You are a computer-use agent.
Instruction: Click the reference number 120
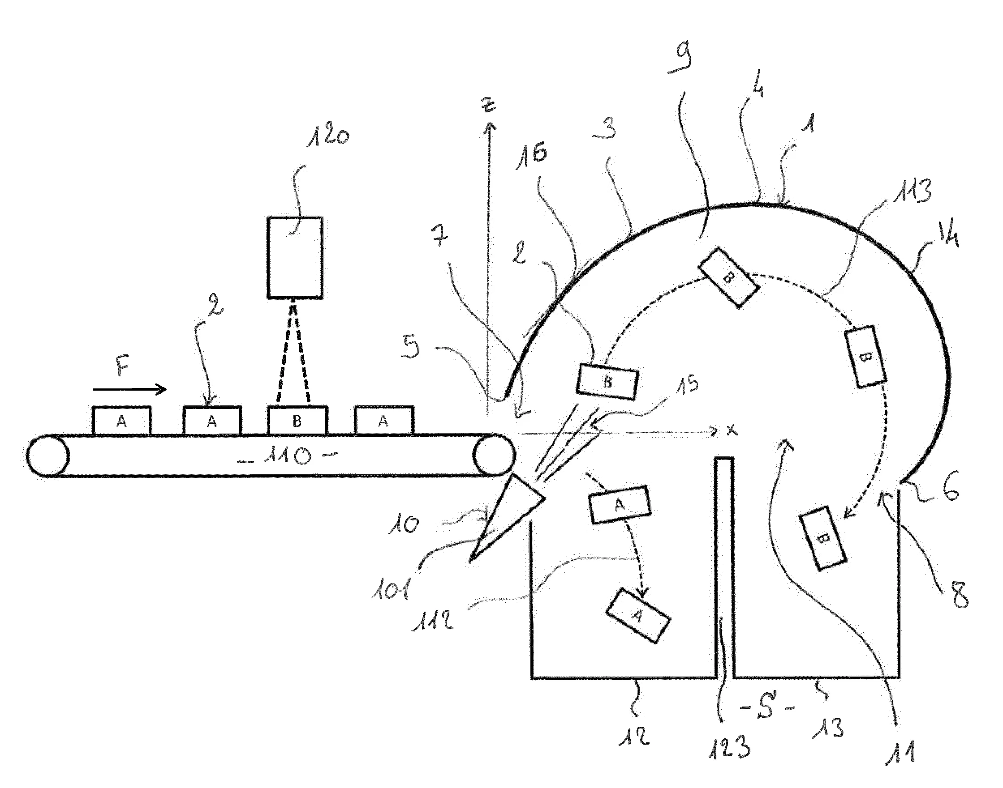[x=328, y=136]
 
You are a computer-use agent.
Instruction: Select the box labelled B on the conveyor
[x=297, y=421]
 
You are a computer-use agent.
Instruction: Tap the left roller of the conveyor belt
[x=48, y=456]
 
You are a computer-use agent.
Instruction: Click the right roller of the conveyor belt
[x=494, y=455]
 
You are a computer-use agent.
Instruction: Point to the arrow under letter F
[x=130, y=390]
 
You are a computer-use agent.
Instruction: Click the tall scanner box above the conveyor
[x=295, y=257]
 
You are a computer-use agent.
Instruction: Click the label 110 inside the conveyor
[x=287, y=456]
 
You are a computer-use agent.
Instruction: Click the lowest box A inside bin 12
[x=638, y=615]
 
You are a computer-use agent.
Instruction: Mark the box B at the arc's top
[x=728, y=277]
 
